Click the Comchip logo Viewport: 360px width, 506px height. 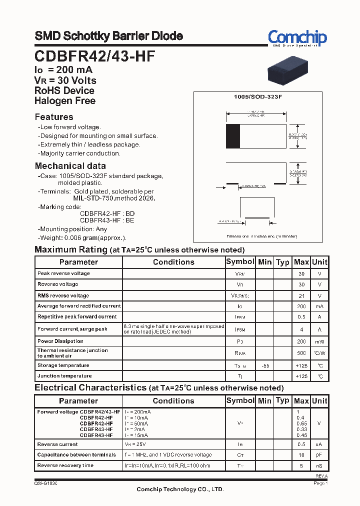(297, 38)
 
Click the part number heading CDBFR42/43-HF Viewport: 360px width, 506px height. (94, 56)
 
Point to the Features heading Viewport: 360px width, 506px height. (54, 117)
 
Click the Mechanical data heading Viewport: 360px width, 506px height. (70, 166)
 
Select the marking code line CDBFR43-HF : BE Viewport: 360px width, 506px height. (107, 220)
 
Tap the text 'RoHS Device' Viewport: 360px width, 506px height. (64, 90)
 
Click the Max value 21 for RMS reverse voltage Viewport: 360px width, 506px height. (301, 295)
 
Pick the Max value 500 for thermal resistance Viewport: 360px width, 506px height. (301, 353)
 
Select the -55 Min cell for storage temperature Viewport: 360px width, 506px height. (265, 365)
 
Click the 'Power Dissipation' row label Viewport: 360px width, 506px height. (60, 341)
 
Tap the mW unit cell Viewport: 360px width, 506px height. (319, 341)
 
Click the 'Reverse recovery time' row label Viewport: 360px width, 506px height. (65, 465)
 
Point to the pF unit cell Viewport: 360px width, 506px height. (319, 455)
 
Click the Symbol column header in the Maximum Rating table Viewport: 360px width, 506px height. (240, 262)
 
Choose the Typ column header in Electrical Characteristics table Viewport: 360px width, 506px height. (282, 400)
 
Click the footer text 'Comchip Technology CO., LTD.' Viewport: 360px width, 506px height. (180, 489)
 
